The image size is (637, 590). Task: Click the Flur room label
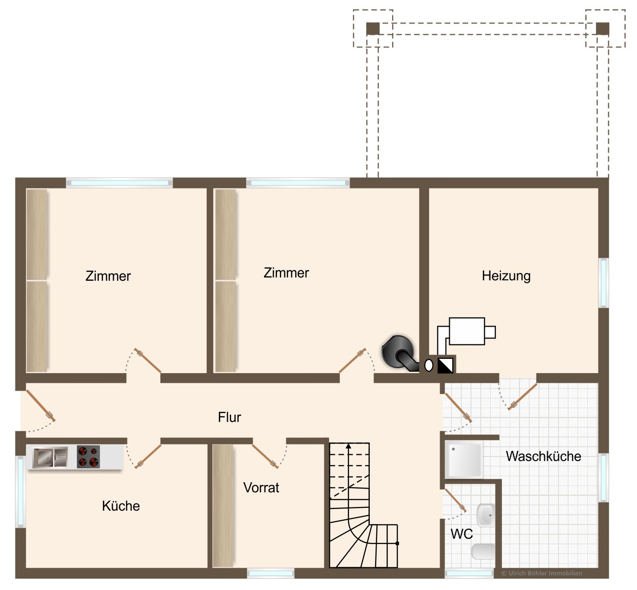coord(229,417)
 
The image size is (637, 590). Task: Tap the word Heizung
coord(506,276)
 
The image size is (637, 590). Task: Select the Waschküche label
coord(543,456)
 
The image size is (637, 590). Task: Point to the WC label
coord(462,533)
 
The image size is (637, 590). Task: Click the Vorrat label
coord(261,487)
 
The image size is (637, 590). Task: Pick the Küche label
coord(121,506)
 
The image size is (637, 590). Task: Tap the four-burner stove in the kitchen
coord(88,457)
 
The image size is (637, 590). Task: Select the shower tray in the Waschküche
coord(464,460)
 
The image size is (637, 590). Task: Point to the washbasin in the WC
coord(486,515)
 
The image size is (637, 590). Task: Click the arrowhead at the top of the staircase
coord(349,446)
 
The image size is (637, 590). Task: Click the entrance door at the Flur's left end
coord(40,406)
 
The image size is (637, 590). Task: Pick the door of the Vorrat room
coord(265,456)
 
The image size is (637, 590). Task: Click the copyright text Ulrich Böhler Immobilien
coord(541,573)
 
